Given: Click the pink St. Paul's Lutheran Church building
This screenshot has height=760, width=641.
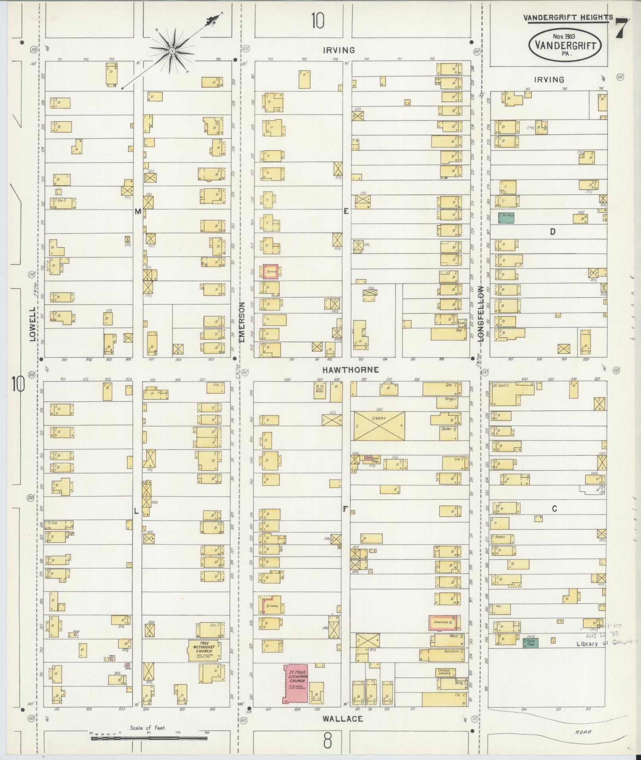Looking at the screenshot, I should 296,683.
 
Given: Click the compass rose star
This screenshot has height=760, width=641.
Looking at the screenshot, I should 172,51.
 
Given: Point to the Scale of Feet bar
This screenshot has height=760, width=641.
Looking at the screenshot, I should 149,738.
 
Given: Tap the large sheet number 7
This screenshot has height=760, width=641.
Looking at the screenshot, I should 623,28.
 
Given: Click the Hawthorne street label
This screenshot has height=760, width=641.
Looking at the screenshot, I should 350,370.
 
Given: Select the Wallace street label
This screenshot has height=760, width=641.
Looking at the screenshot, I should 343,718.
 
